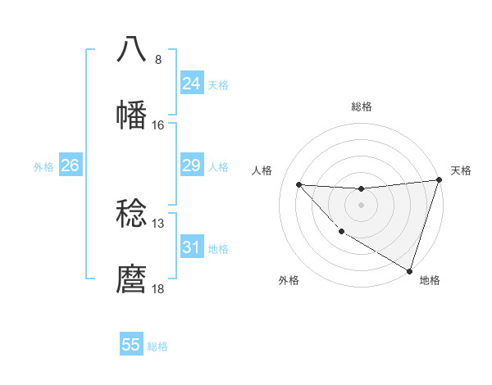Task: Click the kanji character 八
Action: click(133, 50)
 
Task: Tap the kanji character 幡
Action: click(133, 115)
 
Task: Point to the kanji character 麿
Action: click(133, 279)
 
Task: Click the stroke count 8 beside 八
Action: click(158, 60)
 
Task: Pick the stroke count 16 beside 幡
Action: click(158, 125)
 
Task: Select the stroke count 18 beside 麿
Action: click(158, 289)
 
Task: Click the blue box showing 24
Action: click(192, 84)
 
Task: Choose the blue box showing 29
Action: click(192, 165)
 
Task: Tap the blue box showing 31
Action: click(192, 247)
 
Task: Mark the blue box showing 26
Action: click(70, 165)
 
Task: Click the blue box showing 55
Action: click(131, 345)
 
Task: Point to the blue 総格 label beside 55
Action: click(157, 346)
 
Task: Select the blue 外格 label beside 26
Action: click(43, 167)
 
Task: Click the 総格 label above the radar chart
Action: click(362, 106)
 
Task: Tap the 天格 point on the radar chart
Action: click(439, 181)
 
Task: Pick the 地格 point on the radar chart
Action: click(409, 270)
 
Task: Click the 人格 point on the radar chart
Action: click(298, 184)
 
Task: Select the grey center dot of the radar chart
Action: click(361, 204)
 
